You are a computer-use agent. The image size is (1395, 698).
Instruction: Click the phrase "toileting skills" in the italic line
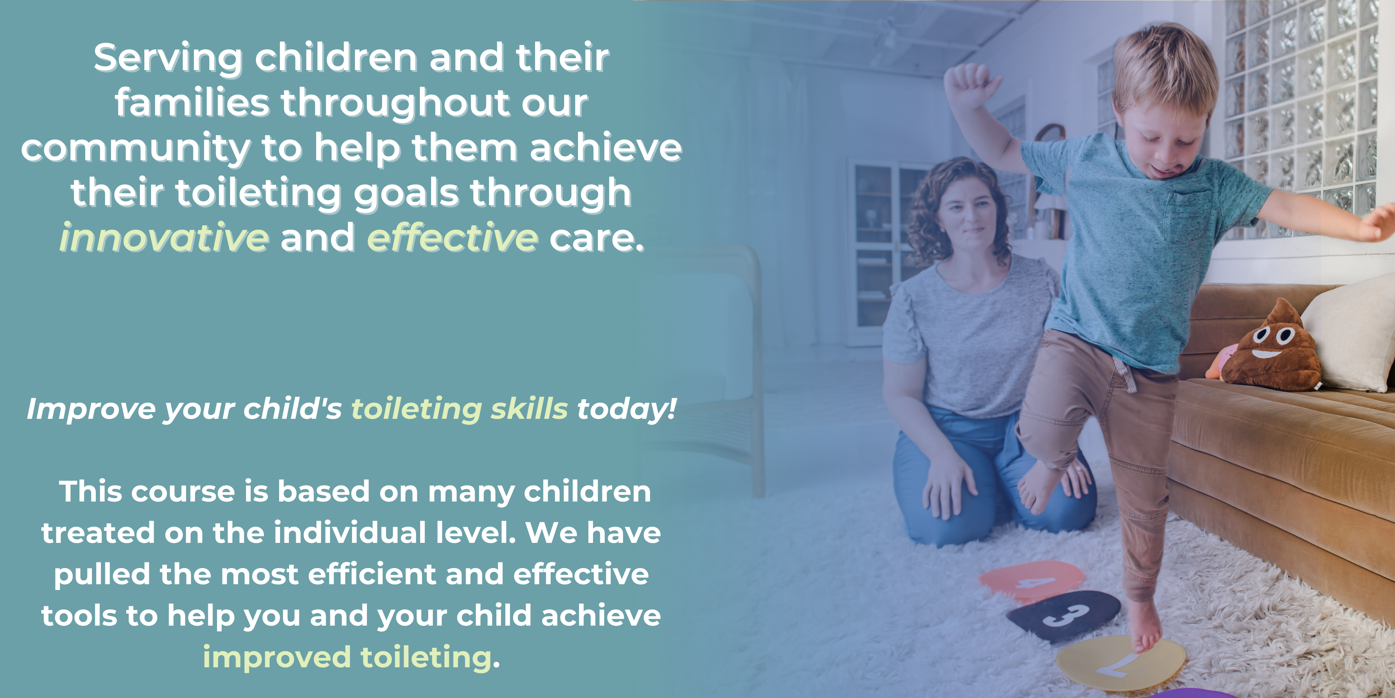point(460,409)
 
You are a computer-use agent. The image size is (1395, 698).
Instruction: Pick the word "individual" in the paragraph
point(350,533)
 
